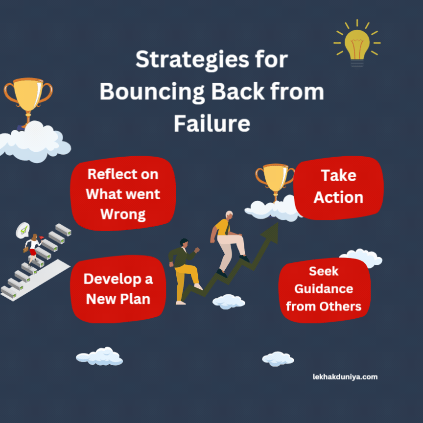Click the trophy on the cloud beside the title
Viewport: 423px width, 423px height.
pos(28,97)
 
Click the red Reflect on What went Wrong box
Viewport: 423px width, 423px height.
pos(123,193)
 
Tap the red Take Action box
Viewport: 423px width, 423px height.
pos(338,187)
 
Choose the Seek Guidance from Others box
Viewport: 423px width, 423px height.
pos(324,289)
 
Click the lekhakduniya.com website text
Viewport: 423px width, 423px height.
pos(345,376)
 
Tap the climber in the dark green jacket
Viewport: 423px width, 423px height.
pos(185,270)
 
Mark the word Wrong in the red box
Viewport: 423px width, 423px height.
pos(123,214)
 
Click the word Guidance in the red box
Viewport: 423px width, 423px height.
pos(324,289)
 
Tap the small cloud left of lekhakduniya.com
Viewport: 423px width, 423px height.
pos(278,358)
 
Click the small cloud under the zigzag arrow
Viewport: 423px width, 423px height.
pos(229,301)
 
